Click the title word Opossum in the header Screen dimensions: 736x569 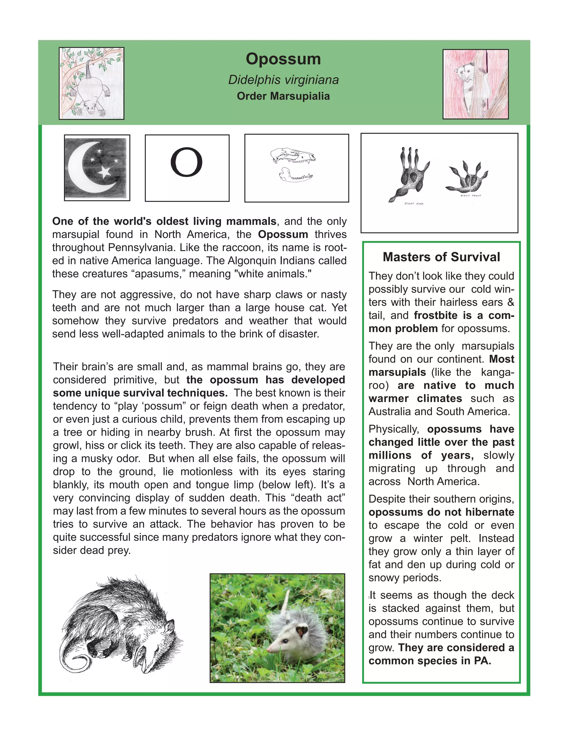[283, 59]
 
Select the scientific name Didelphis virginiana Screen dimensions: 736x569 [283, 80]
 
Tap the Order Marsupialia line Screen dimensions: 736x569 [283, 96]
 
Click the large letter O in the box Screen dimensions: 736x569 [186, 162]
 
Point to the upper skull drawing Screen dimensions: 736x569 [293, 155]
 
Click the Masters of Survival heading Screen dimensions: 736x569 [441, 257]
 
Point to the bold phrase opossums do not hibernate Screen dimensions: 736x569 [441, 512]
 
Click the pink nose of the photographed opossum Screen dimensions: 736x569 [269, 649]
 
